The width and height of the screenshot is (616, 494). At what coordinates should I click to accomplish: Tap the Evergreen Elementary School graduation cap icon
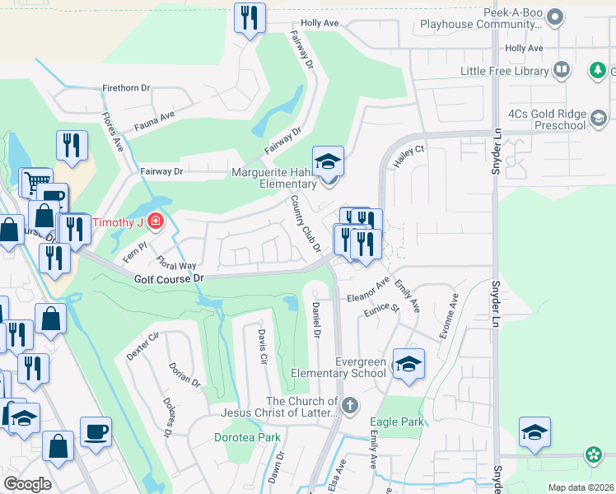[x=408, y=363]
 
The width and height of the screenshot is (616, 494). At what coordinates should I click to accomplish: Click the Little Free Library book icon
[x=562, y=71]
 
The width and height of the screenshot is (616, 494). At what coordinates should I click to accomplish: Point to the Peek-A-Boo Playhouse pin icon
[x=555, y=16]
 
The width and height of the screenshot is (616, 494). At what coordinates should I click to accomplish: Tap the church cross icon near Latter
[x=350, y=405]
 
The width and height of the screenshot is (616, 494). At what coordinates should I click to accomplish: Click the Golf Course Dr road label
[x=168, y=279]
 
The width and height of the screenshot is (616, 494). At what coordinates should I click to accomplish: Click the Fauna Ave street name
[x=155, y=123]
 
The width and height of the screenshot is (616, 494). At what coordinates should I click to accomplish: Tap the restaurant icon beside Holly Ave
[x=250, y=17]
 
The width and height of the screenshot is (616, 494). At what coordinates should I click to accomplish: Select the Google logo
[x=27, y=484]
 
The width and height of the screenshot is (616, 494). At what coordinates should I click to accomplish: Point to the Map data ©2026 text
[x=581, y=487]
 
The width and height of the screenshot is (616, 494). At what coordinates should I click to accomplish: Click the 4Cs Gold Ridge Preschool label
[x=547, y=119]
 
